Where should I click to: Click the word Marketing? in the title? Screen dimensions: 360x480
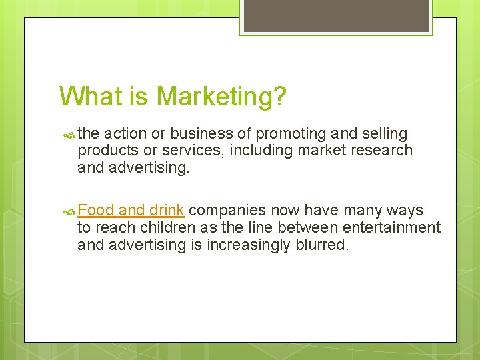[x=221, y=97]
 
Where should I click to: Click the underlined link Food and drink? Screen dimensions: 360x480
[x=131, y=211]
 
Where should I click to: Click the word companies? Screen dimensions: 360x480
[x=227, y=211]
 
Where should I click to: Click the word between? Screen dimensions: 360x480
[x=307, y=228]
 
